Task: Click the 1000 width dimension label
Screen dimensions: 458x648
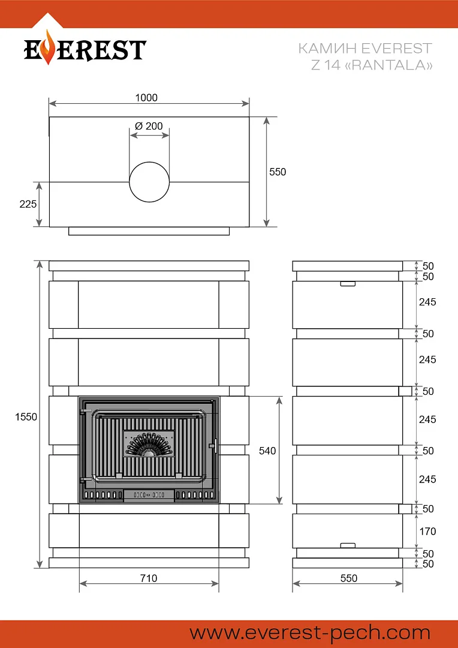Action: point(146,98)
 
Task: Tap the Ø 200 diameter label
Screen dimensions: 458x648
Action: point(149,126)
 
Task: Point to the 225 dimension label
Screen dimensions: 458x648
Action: point(28,204)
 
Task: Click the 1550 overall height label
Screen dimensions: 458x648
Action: point(26,417)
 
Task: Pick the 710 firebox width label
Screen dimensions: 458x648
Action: point(148,578)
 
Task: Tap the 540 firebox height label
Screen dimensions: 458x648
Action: point(267,451)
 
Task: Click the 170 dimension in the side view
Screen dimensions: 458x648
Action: point(427,531)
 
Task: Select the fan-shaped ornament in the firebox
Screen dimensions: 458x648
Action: point(149,444)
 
